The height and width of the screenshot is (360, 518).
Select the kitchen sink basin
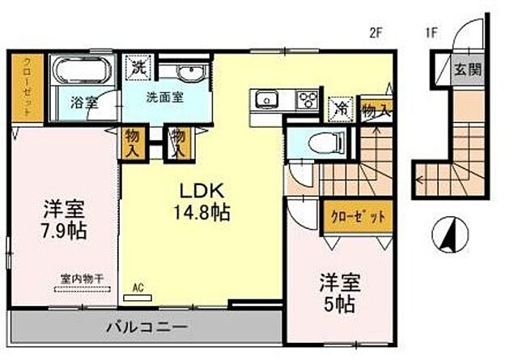pyautogui.click(x=266, y=100)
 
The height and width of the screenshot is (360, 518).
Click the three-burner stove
pyautogui.click(x=308, y=100)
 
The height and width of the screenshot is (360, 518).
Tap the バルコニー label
pyautogui.click(x=147, y=328)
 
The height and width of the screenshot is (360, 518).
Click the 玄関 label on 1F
pyautogui.click(x=466, y=69)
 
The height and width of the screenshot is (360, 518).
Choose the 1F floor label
pyautogui.click(x=432, y=33)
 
